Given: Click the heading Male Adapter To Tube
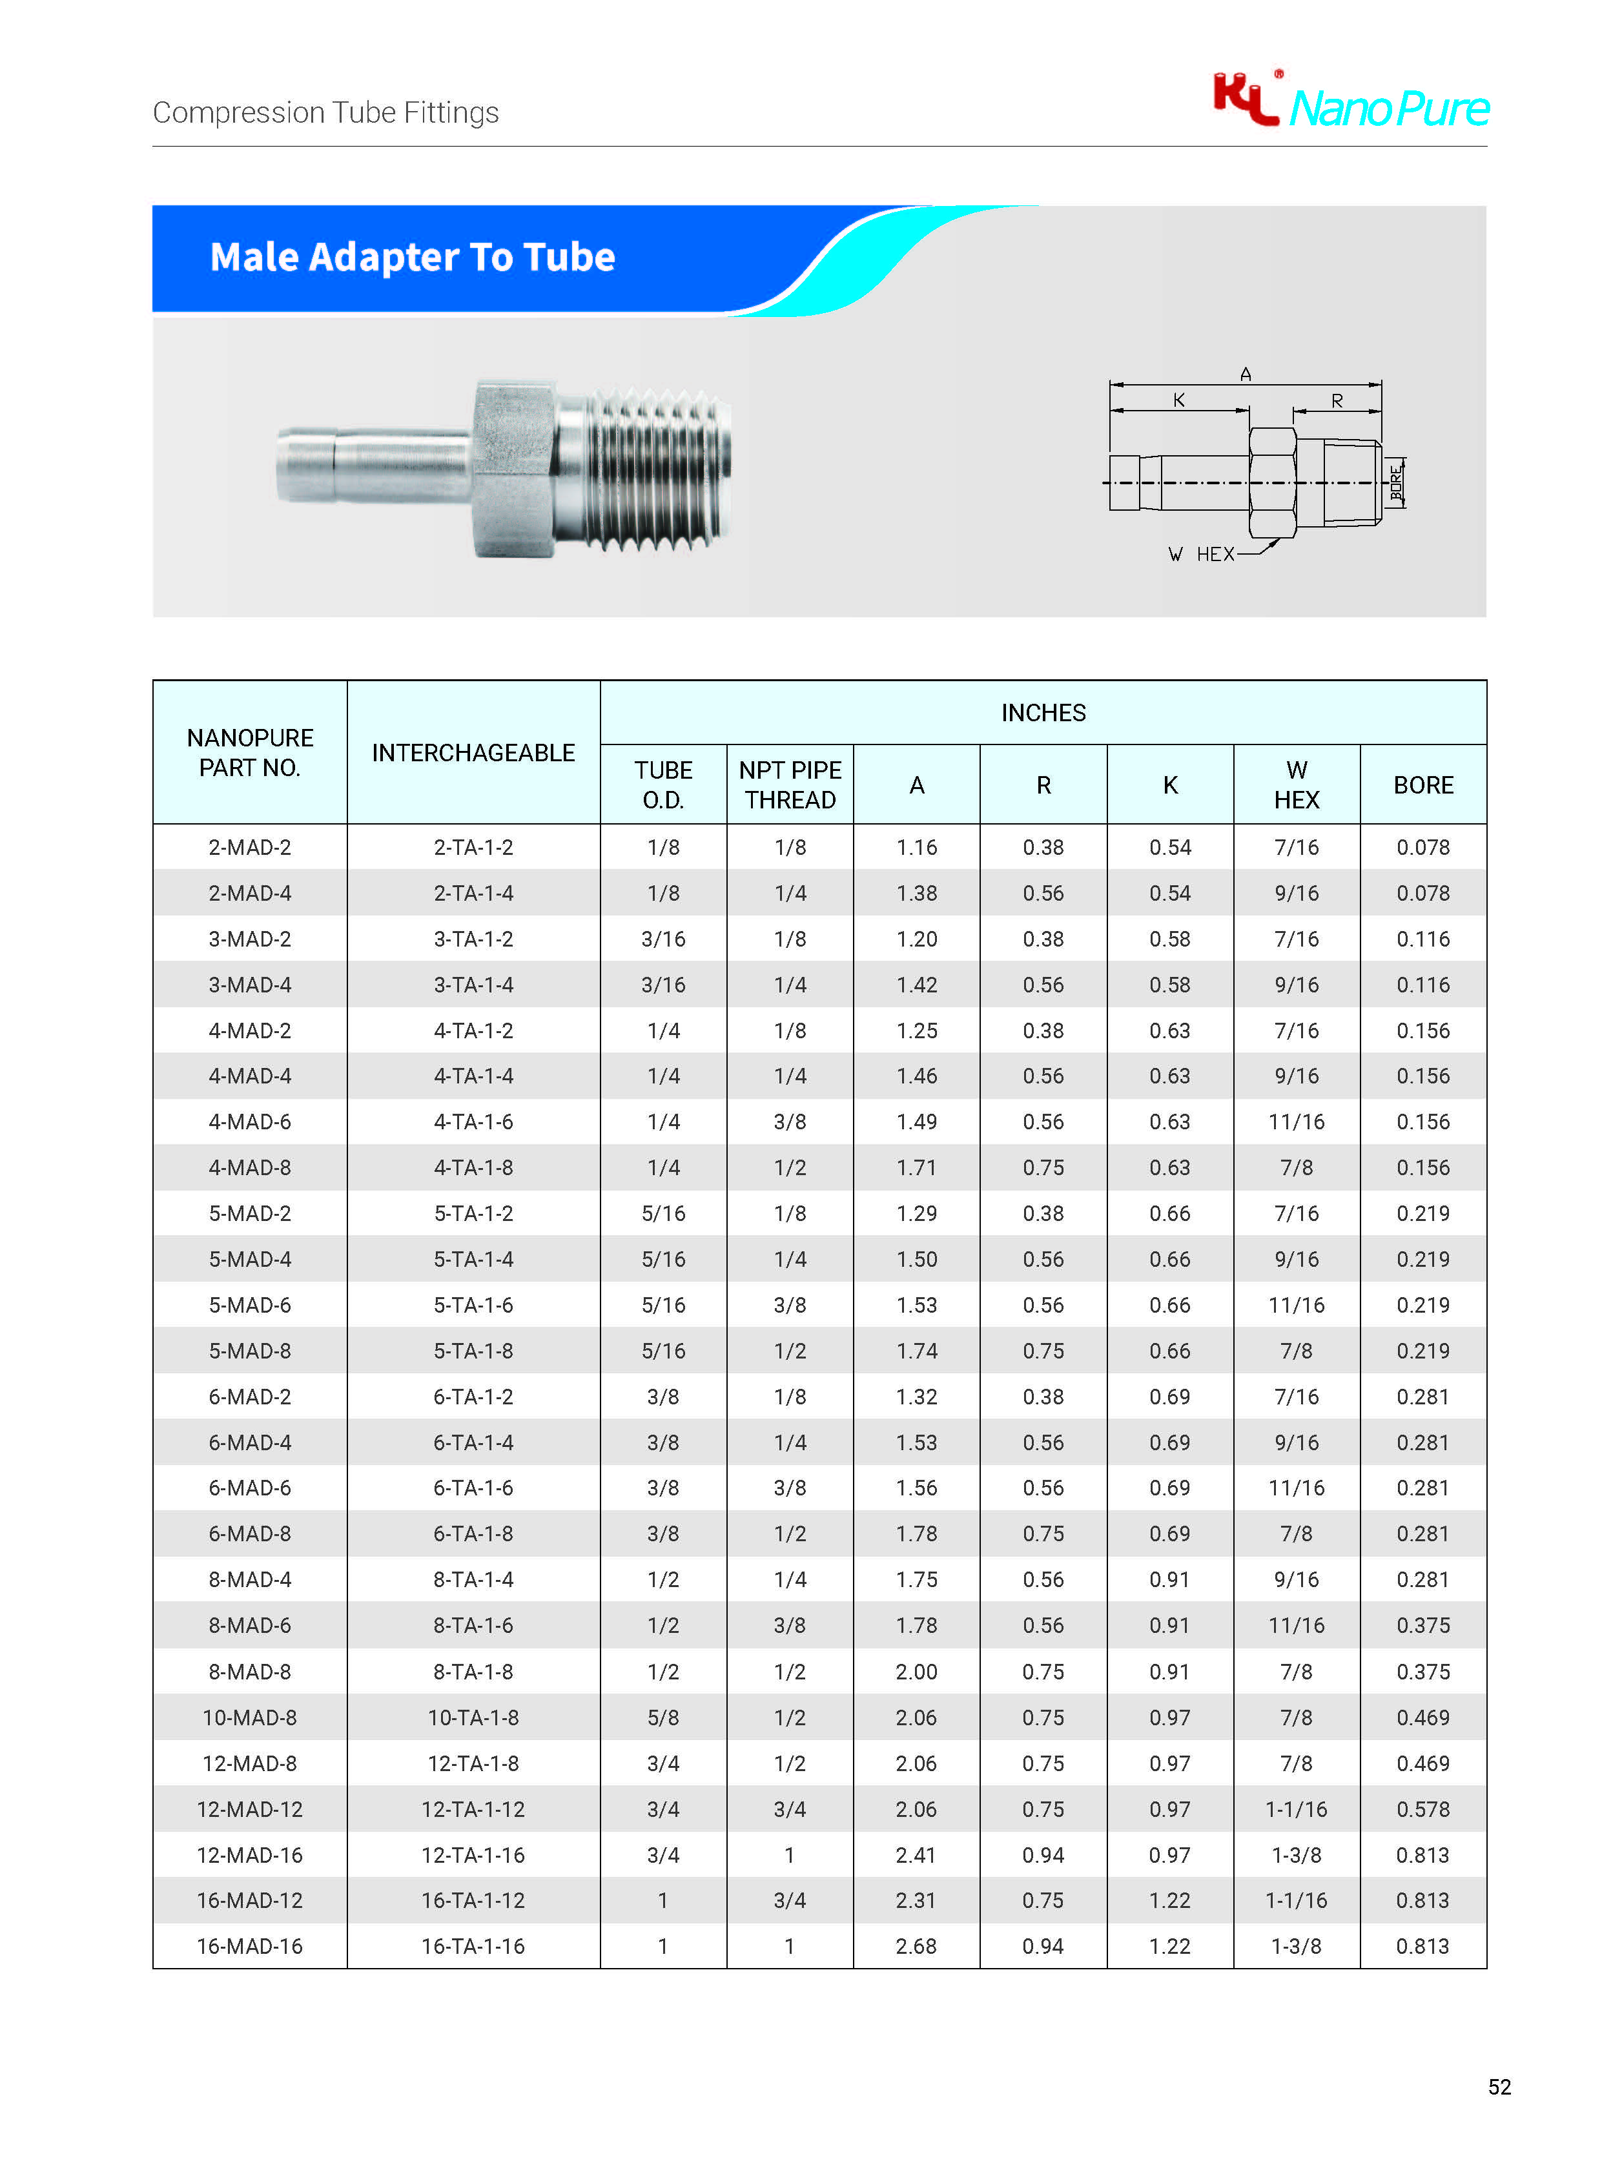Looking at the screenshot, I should click(x=412, y=257).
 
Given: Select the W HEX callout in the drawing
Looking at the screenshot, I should click(x=1202, y=554).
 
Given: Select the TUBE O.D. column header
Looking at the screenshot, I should click(x=663, y=784).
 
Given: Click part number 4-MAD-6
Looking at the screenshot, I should click(x=249, y=1122).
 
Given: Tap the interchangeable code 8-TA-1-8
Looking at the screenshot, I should click(x=473, y=1672).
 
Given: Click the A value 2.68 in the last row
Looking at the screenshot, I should click(x=916, y=1946).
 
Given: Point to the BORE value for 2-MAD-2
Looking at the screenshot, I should click(x=1422, y=848).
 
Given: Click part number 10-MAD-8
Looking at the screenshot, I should click(x=249, y=1718).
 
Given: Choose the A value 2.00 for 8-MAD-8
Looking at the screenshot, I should click(x=916, y=1672).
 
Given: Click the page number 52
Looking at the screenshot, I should click(x=1499, y=2087).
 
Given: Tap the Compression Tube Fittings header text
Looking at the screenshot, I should click(x=326, y=112).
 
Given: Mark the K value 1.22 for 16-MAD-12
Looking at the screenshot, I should click(x=1169, y=1900).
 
